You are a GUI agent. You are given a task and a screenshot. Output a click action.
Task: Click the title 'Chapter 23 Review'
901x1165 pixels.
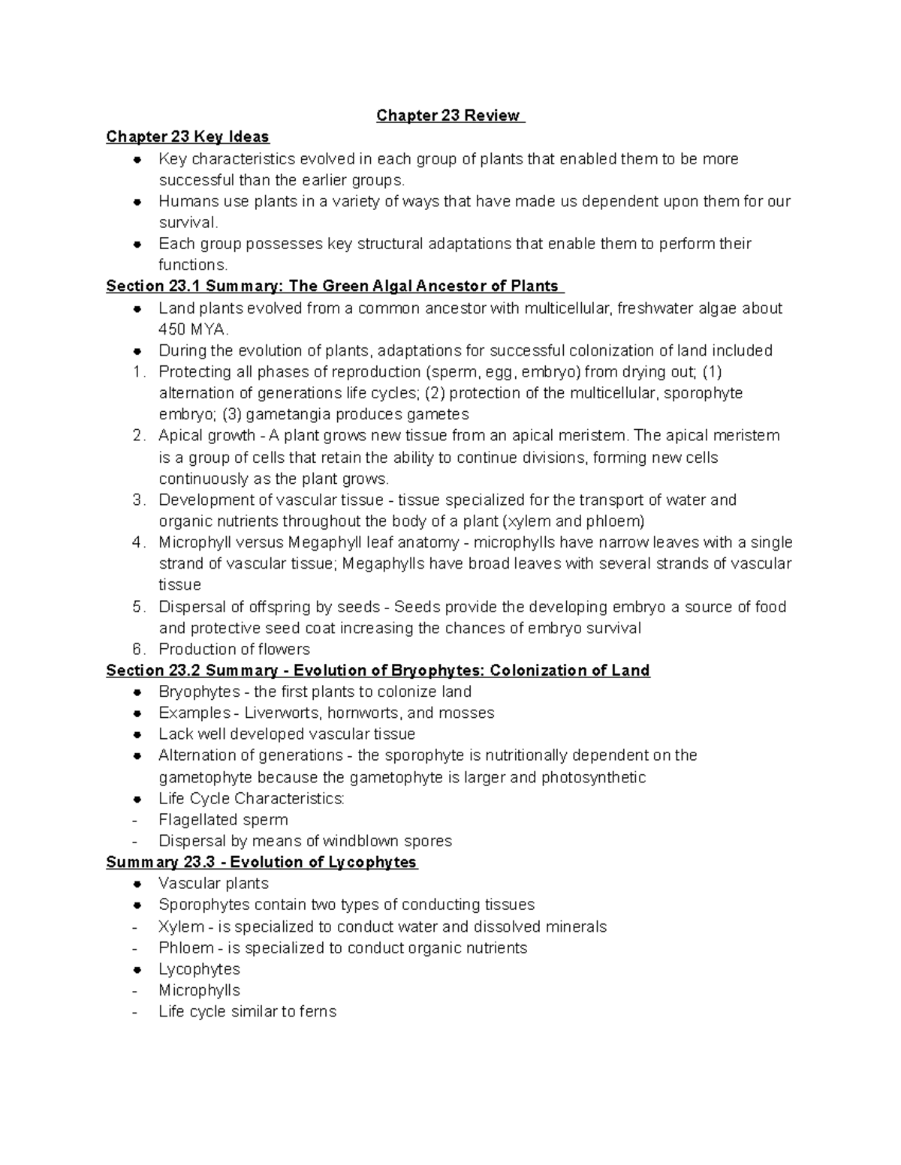[449, 116]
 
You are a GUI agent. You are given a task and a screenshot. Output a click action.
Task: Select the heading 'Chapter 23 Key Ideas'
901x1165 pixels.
[187, 137]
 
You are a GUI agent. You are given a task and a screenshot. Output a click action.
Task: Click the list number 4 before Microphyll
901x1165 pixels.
[137, 542]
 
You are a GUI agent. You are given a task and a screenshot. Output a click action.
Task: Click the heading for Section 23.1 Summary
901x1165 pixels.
[335, 286]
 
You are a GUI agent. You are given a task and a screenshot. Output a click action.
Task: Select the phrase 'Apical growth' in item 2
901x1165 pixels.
[206, 436]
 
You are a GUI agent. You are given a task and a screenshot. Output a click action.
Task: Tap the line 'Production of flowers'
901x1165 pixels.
[234, 649]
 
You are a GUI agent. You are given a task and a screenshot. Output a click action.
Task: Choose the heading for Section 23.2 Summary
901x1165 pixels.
[378, 671]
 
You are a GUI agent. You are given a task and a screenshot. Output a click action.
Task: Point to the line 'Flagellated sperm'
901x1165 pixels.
[223, 820]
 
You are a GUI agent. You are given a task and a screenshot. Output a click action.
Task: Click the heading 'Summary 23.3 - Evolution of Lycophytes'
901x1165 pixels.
[261, 862]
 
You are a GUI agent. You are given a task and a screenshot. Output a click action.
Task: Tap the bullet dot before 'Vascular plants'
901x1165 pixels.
[137, 884]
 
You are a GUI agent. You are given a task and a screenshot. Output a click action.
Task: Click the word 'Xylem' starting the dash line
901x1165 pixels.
[181, 926]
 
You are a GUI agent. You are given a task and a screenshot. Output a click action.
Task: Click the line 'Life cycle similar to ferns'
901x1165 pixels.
[247, 1011]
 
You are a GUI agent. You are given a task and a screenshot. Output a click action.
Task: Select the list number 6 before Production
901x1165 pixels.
[137, 649]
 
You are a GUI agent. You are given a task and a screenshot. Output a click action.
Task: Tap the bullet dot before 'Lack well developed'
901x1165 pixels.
[137, 734]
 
